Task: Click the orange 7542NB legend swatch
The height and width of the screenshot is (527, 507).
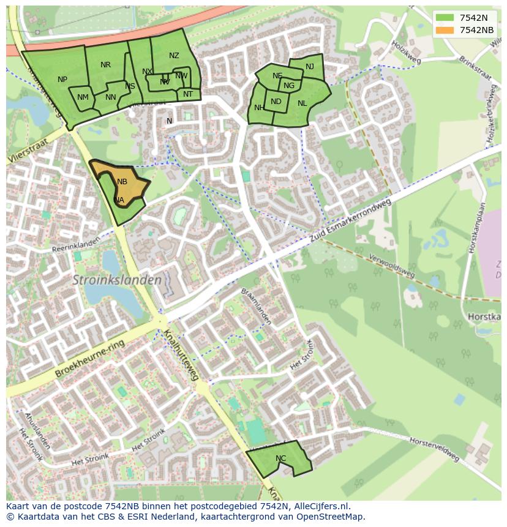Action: click(x=445, y=30)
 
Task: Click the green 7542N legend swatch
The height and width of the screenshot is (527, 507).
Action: click(x=445, y=18)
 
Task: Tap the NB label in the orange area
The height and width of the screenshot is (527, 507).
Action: click(x=122, y=182)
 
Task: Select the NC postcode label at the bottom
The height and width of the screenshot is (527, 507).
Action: click(x=280, y=458)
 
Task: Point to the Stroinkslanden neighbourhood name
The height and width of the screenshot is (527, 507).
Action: click(x=118, y=280)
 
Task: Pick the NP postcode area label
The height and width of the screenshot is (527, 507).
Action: click(x=62, y=80)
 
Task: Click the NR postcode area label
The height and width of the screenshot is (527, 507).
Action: click(x=105, y=65)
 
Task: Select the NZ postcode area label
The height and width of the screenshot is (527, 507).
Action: click(x=174, y=56)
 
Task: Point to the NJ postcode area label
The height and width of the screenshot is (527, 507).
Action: click(x=310, y=67)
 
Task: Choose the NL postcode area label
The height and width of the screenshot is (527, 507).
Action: click(x=302, y=103)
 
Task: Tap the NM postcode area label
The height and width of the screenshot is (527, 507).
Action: click(x=83, y=97)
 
